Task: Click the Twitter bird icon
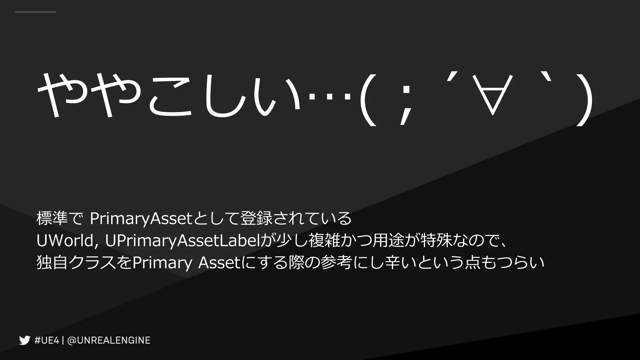pyautogui.click(x=24, y=340)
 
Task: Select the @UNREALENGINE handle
pyautogui.click(x=109, y=340)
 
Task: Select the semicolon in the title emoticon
pyautogui.click(x=405, y=103)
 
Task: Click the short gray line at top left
pyautogui.click(x=35, y=12)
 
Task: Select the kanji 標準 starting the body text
pyautogui.click(x=52, y=218)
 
